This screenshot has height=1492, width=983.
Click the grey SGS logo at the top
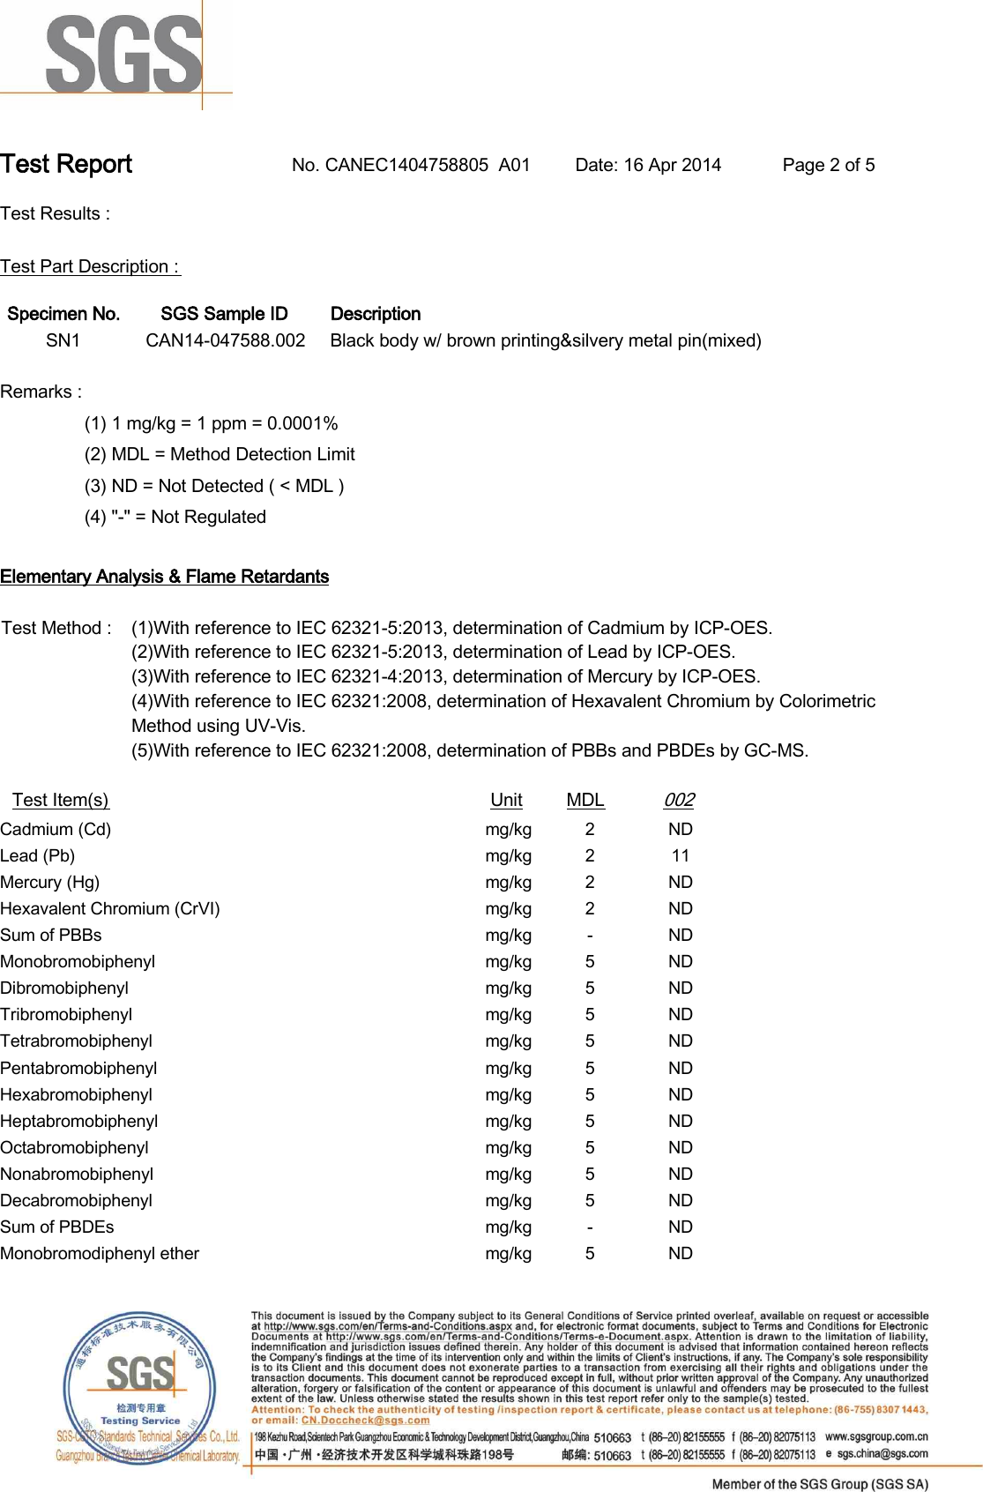point(123,55)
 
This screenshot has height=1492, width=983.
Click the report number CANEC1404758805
point(406,165)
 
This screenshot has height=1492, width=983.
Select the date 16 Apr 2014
point(672,165)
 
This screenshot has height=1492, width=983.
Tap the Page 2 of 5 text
point(828,165)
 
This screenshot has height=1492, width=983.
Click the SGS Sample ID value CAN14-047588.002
point(225,340)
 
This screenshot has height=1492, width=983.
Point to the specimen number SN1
point(63,340)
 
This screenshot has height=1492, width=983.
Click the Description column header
point(375,314)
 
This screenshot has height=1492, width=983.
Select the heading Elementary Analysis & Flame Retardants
point(164,577)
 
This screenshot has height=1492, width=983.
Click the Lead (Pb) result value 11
point(680,855)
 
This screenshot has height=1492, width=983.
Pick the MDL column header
point(585,800)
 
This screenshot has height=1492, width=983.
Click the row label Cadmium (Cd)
point(56,829)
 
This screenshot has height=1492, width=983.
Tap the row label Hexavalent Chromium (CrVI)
point(110,908)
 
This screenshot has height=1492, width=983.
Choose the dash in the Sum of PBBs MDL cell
point(590,935)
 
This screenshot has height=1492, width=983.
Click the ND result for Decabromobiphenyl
point(680,1200)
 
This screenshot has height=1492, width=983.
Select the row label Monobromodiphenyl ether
point(100,1253)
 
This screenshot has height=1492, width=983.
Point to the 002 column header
point(679,800)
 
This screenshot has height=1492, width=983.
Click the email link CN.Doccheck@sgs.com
point(365,1420)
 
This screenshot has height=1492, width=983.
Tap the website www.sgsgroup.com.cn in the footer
point(876,1436)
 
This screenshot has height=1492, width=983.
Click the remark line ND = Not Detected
point(214,486)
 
